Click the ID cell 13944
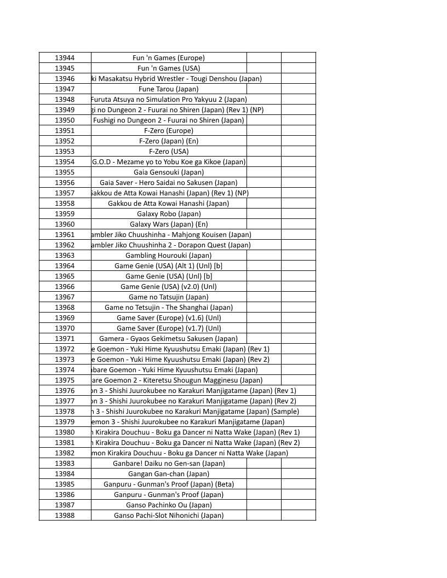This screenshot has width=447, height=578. (x=65, y=57)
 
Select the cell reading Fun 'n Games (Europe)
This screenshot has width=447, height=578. (x=169, y=57)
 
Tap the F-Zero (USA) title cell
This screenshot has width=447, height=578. (x=169, y=151)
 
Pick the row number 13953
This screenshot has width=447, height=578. (x=65, y=151)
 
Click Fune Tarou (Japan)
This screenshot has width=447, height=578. (x=169, y=89)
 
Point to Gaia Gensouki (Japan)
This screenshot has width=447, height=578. (x=169, y=172)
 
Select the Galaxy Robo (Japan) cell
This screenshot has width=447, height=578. (x=169, y=213)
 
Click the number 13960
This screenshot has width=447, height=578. (x=65, y=224)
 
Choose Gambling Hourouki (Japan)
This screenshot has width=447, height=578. (x=169, y=255)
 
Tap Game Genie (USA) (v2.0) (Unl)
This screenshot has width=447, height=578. (x=169, y=286)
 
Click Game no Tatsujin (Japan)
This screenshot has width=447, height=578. (x=169, y=297)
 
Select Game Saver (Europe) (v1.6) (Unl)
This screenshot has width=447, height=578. (x=169, y=317)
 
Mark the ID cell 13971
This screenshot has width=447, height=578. (x=65, y=338)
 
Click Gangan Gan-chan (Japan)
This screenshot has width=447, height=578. (x=169, y=473)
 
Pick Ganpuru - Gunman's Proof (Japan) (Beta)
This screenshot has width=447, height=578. (x=169, y=484)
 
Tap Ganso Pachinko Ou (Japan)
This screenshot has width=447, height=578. (x=169, y=505)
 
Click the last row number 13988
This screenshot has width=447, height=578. (x=65, y=515)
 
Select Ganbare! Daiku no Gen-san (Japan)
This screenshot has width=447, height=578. (x=169, y=463)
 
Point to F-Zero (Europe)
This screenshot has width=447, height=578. (x=169, y=130)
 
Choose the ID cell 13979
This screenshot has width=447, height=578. (x=65, y=421)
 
